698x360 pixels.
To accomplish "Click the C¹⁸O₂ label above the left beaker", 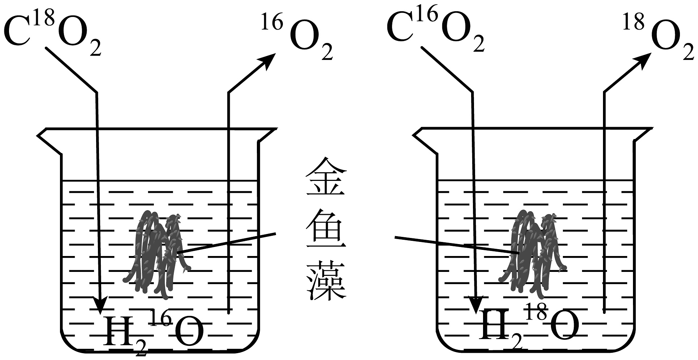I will coord(52,34).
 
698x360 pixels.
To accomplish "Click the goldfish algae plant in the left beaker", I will coord(157,253).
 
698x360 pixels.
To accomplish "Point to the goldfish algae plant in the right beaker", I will coord(533,253).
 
